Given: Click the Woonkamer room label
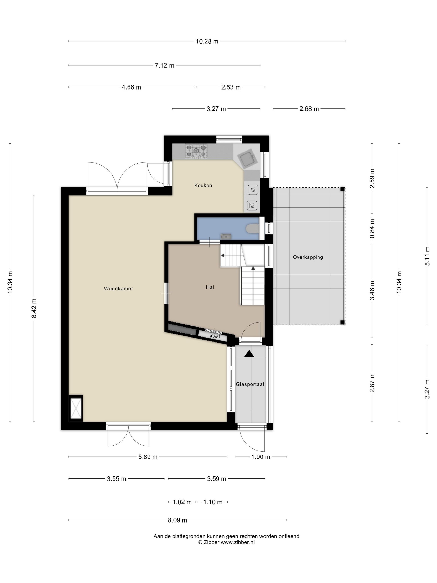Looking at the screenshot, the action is coord(118,288).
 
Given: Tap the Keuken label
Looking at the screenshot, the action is coord(203,185).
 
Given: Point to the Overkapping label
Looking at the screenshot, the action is coord(308,257).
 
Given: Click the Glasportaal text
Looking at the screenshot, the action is coord(250,384).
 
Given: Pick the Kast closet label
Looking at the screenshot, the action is coord(215,336).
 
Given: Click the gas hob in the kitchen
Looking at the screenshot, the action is coord(196,151).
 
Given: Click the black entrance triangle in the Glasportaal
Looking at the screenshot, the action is coord(249,354).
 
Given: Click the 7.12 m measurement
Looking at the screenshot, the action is coord(164,65).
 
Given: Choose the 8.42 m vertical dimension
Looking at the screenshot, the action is coord(34,308).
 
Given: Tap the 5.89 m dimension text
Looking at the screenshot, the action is coord(148,457).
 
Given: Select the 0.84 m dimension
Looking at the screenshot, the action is coord(372,228).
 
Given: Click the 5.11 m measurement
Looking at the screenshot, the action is coord(427,256).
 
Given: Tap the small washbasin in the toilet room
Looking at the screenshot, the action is coord(226,236).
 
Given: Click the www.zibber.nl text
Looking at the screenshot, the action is coord(238,542).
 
